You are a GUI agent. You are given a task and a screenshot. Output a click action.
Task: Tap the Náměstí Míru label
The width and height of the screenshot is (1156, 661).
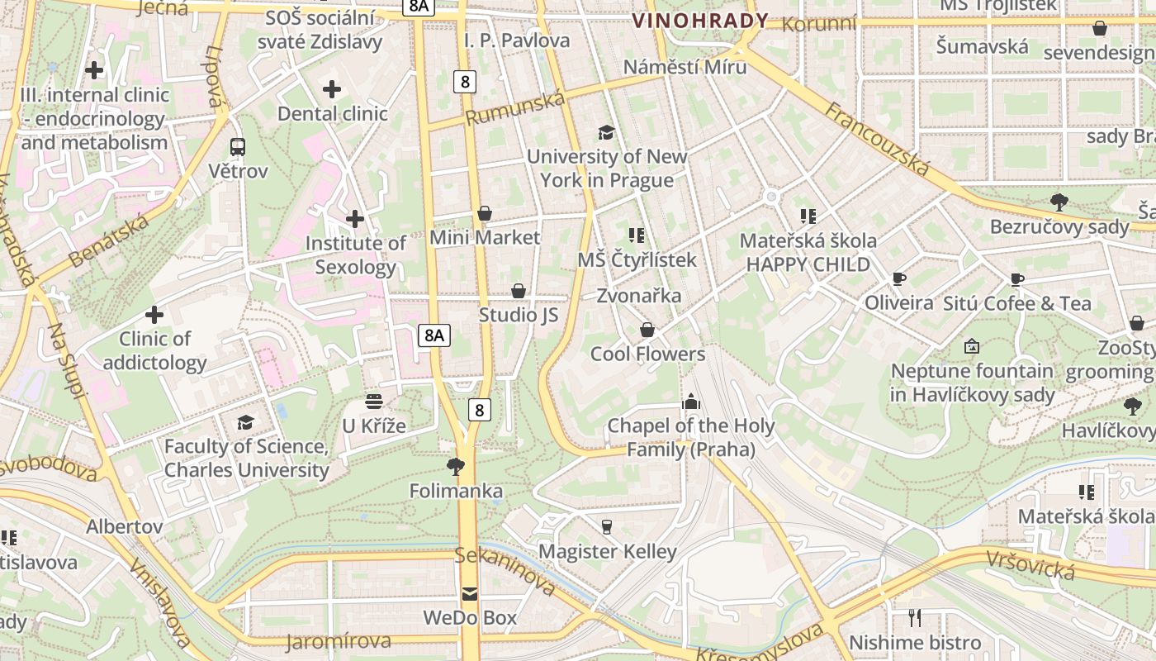point(685,67)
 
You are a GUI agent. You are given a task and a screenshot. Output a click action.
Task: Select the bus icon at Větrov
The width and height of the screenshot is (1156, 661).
point(238,147)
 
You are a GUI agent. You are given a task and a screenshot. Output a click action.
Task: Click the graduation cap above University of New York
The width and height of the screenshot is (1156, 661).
point(607,132)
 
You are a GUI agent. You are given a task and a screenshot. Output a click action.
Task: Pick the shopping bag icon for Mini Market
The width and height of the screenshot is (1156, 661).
point(485,214)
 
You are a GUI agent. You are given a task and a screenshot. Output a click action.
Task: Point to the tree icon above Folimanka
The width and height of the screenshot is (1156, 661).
point(455,467)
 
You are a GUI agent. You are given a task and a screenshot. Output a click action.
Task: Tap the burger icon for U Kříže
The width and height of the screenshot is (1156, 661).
point(374,402)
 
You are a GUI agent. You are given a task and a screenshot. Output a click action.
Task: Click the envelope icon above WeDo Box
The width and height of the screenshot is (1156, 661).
point(470,593)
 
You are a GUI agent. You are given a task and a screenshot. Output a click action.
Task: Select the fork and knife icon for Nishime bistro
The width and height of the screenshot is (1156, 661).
point(915,618)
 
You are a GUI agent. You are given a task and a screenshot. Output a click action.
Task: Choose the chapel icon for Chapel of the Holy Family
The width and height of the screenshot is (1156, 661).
point(690,402)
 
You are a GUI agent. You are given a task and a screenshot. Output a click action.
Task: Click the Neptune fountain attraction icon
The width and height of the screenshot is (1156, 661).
point(972,347)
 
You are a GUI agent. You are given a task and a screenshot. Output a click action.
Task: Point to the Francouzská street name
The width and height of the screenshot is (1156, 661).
point(877,138)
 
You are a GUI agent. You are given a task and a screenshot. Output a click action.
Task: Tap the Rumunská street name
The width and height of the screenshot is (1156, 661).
point(515,109)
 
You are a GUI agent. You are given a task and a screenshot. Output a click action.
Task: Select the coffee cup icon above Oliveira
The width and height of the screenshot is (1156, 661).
point(899,279)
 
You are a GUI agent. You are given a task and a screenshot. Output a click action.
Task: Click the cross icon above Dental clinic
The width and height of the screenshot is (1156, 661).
point(332,89)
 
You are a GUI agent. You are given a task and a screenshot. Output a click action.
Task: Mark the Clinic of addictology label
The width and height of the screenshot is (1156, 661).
point(155,350)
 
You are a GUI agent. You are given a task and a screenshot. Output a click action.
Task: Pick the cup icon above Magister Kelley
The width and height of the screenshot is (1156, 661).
point(607,527)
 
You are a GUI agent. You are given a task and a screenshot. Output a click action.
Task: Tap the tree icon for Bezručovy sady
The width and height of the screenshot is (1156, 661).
point(1059,202)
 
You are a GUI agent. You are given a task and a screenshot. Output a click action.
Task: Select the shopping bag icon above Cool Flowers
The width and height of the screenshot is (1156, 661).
point(647,330)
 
